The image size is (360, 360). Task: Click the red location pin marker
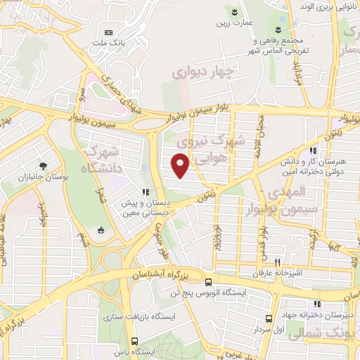[x=181, y=165]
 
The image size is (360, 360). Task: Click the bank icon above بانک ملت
[x=108, y=32]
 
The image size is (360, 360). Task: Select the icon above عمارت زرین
[x=235, y=12]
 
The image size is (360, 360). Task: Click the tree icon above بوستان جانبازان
[x=44, y=166]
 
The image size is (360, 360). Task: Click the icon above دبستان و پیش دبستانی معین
[x=145, y=192]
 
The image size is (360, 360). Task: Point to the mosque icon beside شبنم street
[x=101, y=229]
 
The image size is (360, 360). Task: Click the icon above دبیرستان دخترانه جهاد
[x=317, y=304]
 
